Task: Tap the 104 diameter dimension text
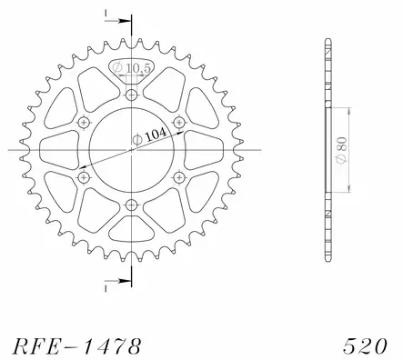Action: pos(152,132)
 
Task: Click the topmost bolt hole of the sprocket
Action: pos(132,94)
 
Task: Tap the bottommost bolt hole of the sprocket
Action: pos(132,204)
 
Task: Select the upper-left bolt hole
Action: pos(85,122)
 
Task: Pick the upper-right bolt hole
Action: pos(179,122)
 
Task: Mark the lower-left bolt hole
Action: pos(85,176)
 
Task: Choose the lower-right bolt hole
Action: pos(179,176)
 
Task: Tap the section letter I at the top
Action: pos(106,15)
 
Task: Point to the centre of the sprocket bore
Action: pos(132,149)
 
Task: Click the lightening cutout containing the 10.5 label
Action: pos(132,71)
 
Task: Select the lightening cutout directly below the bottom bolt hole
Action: pos(132,228)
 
